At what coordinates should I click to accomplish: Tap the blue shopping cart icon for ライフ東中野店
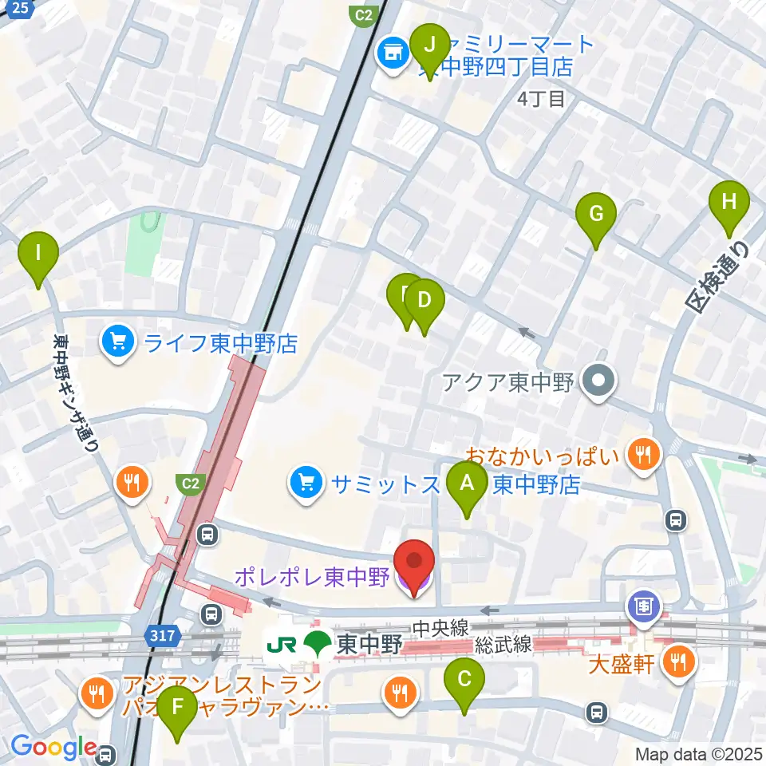coord(118,343)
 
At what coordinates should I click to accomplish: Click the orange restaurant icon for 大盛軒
coord(679,661)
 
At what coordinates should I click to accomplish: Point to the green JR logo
coord(281,643)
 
